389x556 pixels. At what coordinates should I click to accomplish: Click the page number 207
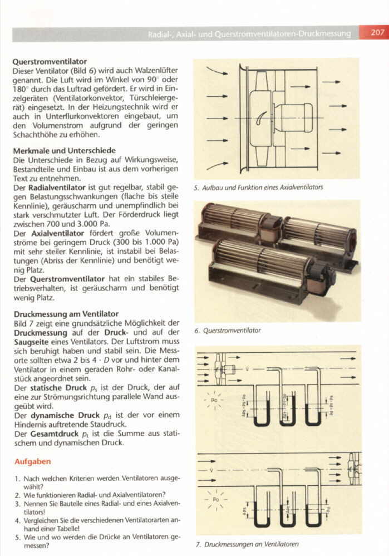click(377, 33)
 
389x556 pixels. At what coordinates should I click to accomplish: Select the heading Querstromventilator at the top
click(50, 62)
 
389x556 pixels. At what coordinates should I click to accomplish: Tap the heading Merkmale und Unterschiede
click(64, 150)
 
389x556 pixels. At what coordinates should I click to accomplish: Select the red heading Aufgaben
click(32, 461)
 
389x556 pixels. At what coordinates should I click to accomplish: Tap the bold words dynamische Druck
click(58, 414)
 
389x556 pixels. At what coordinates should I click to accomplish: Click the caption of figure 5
click(258, 187)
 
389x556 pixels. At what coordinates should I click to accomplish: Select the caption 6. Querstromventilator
click(228, 331)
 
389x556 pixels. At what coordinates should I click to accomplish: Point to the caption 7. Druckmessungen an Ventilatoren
click(247, 544)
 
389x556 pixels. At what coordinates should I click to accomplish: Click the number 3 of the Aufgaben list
click(17, 503)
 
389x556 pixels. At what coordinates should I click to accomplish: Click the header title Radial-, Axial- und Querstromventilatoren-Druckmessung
click(249, 34)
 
